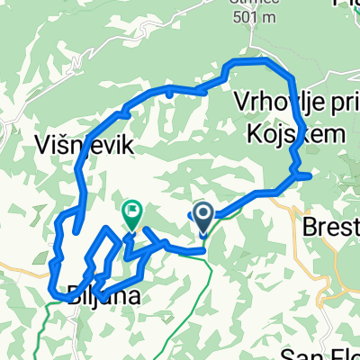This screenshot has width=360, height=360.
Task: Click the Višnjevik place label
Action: [x=75, y=144]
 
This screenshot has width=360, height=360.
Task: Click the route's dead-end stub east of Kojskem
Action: [x=306, y=175]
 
